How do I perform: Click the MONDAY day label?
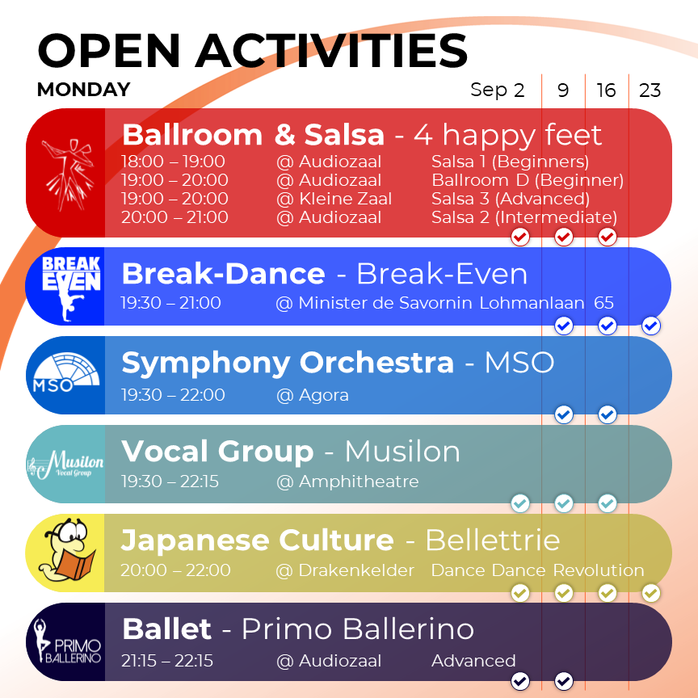tap(84, 90)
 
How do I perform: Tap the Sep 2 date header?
tap(497, 90)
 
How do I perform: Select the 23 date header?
tap(650, 90)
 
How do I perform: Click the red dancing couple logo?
tap(67, 174)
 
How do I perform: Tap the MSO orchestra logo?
tap(66, 373)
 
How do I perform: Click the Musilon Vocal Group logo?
tap(65, 464)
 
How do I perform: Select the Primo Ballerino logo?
tap(68, 641)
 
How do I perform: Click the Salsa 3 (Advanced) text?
tap(510, 199)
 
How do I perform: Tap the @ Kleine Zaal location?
tap(334, 199)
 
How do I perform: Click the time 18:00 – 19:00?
tap(173, 161)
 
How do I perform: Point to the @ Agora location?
tap(313, 395)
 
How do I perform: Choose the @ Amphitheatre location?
tap(347, 481)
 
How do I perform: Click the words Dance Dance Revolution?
tap(538, 570)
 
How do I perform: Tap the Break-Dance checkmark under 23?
tap(651, 326)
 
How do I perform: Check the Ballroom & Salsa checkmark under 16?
tap(608, 237)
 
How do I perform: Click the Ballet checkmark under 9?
tap(564, 681)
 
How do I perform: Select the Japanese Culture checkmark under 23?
tap(651, 593)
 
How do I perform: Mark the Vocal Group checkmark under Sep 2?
tap(520, 503)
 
